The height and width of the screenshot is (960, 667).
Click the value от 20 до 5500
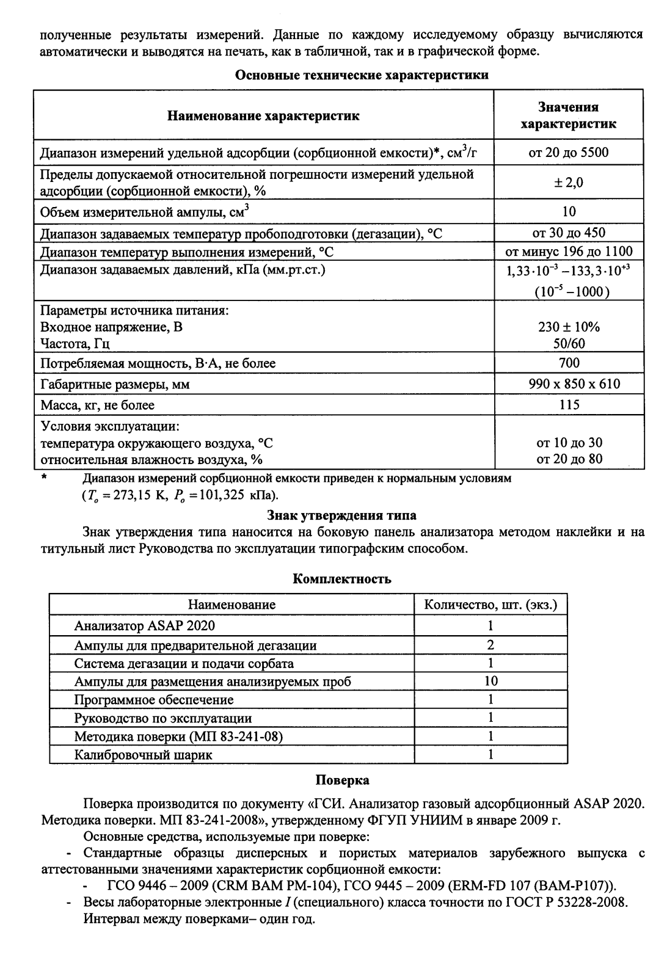(569, 153)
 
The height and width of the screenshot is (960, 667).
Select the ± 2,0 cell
(569, 183)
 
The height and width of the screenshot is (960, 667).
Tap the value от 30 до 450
(569, 233)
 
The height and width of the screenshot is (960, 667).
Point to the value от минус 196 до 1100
(569, 251)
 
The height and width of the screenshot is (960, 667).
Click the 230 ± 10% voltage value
(569, 327)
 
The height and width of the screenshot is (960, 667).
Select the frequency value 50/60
(569, 343)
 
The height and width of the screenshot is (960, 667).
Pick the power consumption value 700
(569, 363)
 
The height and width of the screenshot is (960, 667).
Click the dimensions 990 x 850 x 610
(569, 384)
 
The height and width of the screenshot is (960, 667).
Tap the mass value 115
(569, 405)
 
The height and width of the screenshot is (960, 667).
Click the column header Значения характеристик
(569, 115)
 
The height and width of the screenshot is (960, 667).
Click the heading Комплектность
(342, 578)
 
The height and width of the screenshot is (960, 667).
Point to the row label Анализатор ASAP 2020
(145, 626)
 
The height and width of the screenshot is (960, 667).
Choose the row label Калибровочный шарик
(144, 755)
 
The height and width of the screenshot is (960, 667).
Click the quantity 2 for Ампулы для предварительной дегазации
(490, 645)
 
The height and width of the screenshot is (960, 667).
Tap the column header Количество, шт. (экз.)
(490, 605)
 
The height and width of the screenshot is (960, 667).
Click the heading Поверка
(342, 780)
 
